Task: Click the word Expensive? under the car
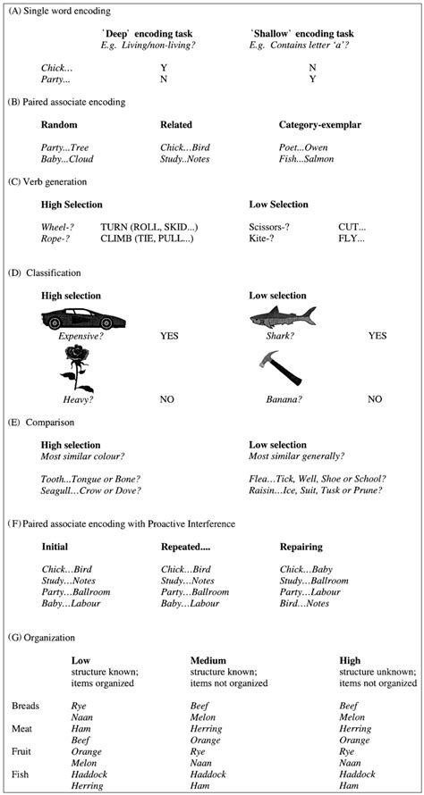76,336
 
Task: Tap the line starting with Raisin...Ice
317,490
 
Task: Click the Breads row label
26,706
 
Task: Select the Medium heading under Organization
208,660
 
